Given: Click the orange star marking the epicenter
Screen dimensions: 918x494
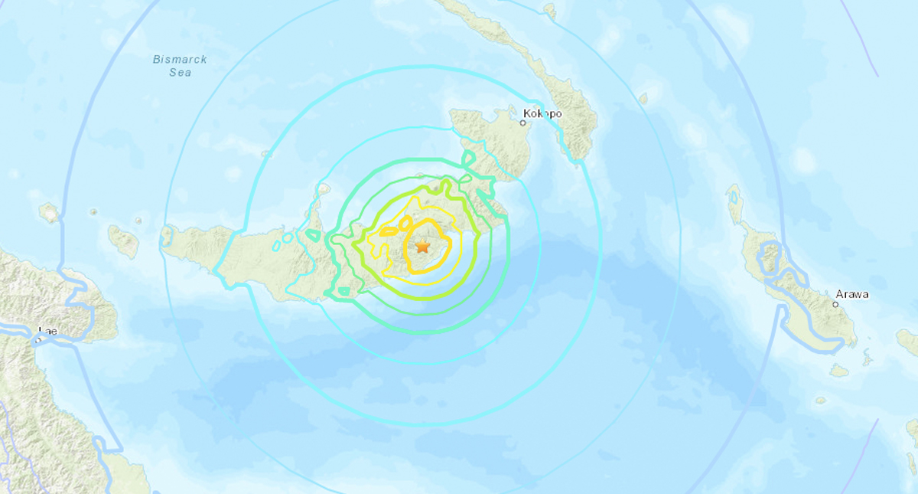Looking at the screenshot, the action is point(422,247).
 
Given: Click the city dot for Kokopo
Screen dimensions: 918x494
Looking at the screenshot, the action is point(524,122).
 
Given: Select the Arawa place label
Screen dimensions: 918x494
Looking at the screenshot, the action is point(852,294).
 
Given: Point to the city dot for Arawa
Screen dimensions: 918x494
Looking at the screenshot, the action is point(835,304).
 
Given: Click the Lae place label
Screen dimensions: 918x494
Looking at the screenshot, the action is point(47,331).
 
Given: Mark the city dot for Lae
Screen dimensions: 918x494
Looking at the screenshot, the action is point(38,339).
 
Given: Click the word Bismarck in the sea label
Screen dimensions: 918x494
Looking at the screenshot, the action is point(180,60).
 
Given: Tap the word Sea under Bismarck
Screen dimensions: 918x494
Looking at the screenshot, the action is point(181,73).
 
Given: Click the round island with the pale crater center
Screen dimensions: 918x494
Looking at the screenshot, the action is point(49,212).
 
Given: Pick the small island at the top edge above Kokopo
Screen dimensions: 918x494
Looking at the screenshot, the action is point(549,9).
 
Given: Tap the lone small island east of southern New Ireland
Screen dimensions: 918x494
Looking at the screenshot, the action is point(643,98).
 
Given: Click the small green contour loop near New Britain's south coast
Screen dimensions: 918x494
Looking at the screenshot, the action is point(343,291).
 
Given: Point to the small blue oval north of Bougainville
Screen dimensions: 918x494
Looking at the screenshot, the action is point(734,197).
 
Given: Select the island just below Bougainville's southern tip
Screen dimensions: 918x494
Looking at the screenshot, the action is point(839,371).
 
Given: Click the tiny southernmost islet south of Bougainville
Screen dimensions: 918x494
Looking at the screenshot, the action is point(821,400).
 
